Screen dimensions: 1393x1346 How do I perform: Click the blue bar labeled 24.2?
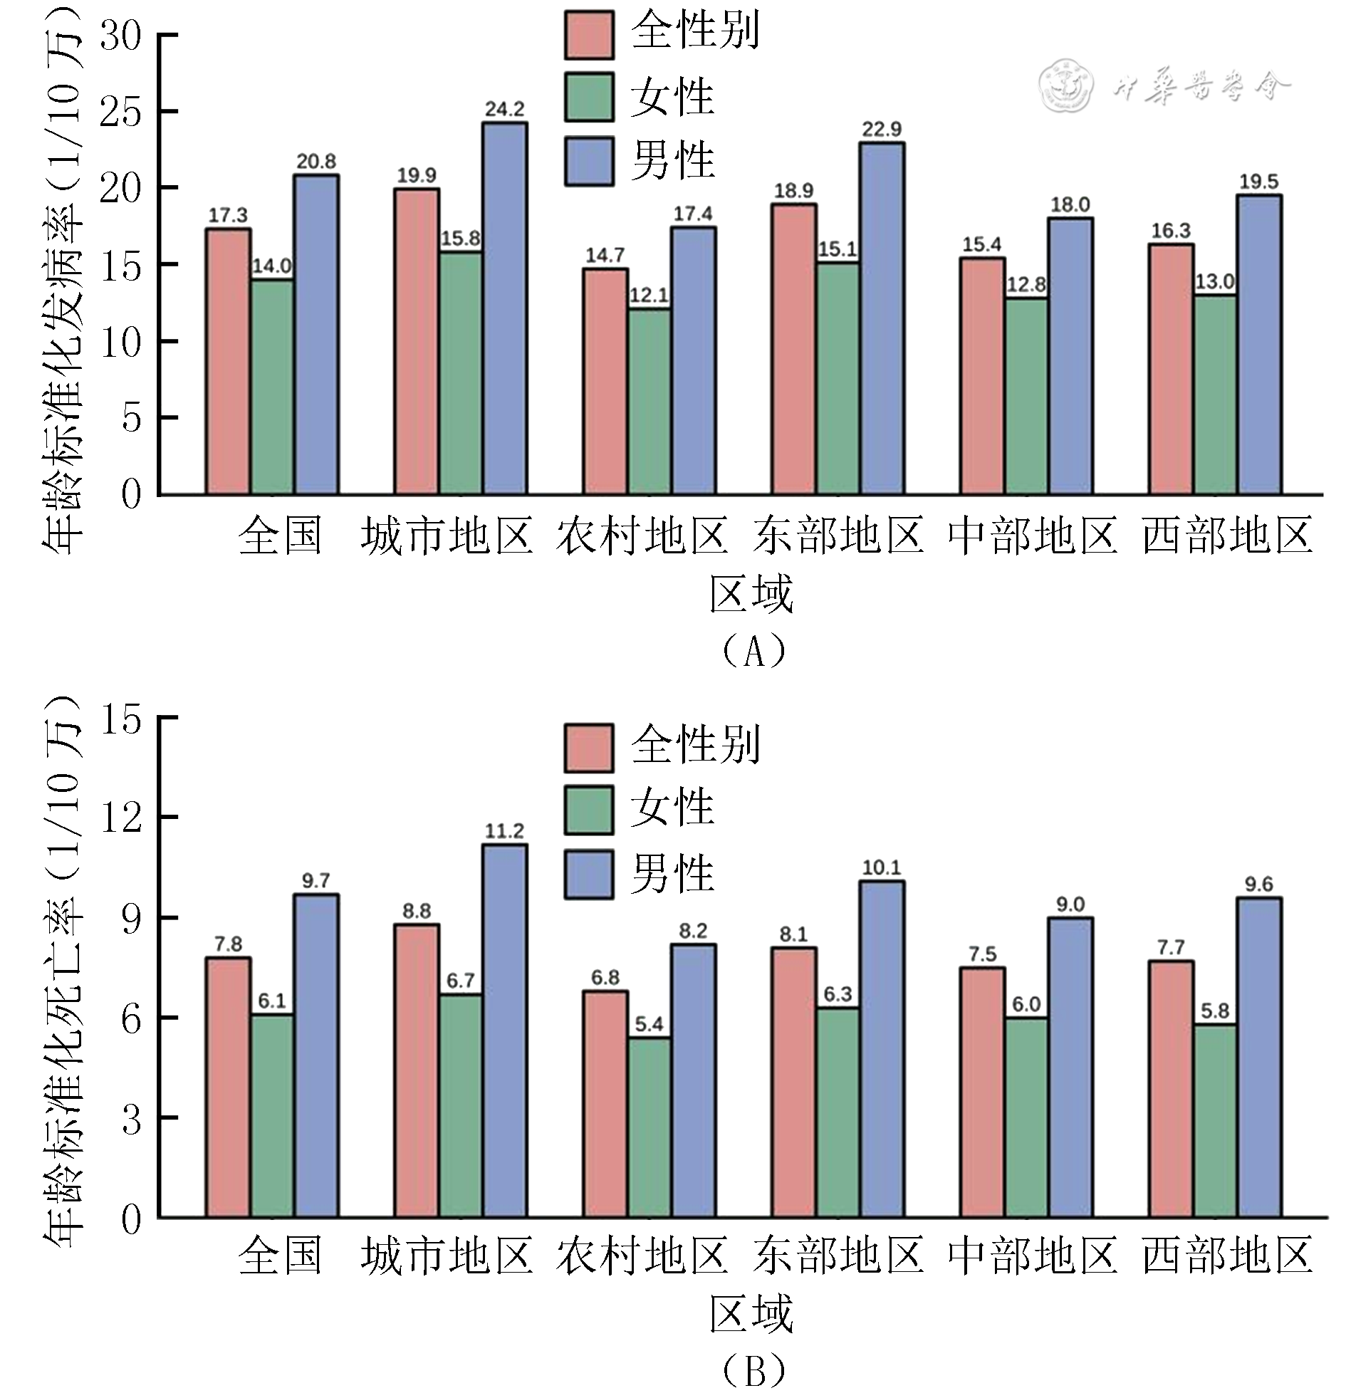pos(504,308)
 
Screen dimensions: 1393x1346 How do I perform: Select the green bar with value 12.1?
pos(649,401)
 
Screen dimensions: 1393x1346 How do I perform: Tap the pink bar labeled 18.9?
pos(793,349)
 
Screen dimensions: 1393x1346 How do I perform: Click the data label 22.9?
pos(882,129)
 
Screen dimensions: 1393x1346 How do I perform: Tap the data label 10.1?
pos(882,867)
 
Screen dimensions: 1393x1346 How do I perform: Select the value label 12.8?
pos(1026,285)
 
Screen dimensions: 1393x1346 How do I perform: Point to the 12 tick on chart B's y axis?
pos(120,818)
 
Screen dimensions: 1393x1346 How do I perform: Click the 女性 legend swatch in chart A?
pos(589,97)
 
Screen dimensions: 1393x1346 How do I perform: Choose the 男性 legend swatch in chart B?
pos(589,874)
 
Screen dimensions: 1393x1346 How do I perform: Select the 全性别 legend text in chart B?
pos(695,745)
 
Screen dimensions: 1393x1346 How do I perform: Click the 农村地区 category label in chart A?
pos(642,536)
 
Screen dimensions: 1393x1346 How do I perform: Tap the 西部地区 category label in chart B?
pos(1228,1255)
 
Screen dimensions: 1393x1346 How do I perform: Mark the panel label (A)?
pos(753,650)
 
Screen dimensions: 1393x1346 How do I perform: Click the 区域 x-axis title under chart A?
pos(751,594)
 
